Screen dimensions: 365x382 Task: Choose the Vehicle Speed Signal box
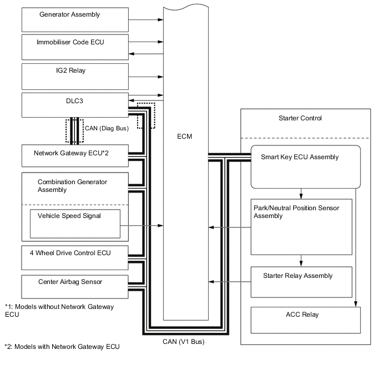tap(75, 223)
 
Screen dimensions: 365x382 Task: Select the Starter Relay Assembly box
tap(301, 282)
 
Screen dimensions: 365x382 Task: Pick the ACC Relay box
tap(306, 320)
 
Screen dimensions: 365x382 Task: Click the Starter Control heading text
tap(300, 119)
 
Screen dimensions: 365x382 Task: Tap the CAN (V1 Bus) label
tap(183, 342)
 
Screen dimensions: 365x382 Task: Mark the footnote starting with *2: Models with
tap(62, 347)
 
